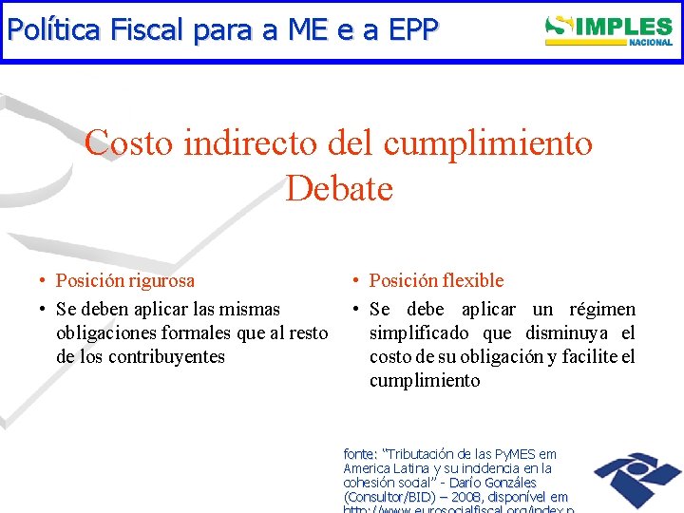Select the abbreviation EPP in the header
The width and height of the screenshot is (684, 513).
410,30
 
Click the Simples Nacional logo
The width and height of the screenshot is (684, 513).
609,29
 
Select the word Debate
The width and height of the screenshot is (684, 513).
339,188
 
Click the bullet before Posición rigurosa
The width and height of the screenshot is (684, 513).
44,281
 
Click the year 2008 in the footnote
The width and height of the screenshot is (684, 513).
465,496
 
